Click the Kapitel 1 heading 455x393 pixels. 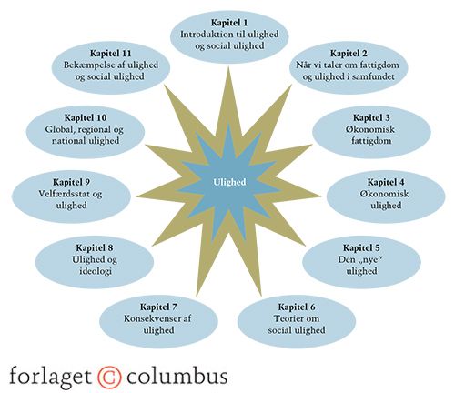click(x=229, y=23)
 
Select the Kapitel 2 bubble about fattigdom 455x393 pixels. click(x=349, y=68)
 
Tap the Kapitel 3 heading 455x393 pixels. click(x=371, y=117)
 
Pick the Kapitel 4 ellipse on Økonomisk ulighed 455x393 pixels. click(x=386, y=196)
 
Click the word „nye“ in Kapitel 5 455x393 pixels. click(x=369, y=259)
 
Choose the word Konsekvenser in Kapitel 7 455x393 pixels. click(x=148, y=318)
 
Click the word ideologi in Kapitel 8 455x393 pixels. click(x=96, y=271)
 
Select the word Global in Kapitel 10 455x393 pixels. click(x=60, y=130)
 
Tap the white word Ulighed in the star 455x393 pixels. click(x=229, y=182)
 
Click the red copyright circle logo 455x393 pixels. click(x=109, y=377)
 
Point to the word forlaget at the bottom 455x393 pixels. click(x=50, y=376)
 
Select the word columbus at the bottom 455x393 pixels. click(x=177, y=376)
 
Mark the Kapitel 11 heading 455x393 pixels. click(x=111, y=54)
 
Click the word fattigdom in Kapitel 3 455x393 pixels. click(x=371, y=141)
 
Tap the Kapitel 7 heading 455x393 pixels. click(x=158, y=307)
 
